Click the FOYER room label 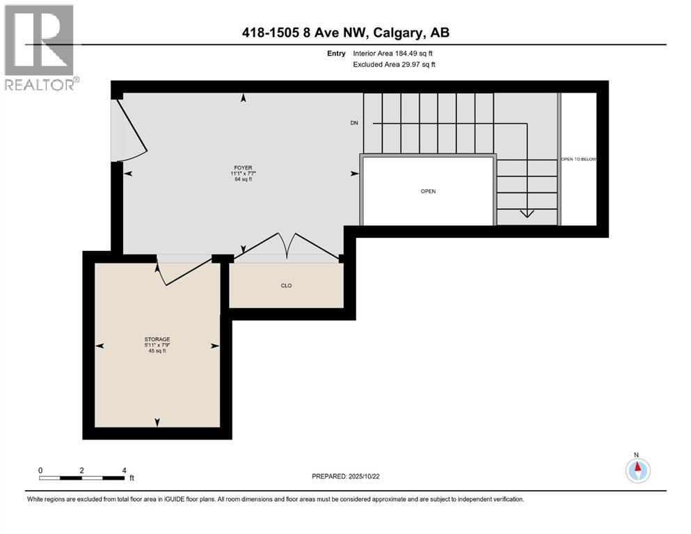243,168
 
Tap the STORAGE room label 157,339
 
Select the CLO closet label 286,284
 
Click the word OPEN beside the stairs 428,191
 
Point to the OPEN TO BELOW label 578,159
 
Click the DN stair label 354,123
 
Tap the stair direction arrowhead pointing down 527,214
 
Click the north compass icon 637,471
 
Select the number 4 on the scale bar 124,470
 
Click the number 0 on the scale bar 40,470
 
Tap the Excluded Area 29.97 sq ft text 395,64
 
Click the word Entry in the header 336,53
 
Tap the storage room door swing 182,273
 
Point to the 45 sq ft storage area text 157,351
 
